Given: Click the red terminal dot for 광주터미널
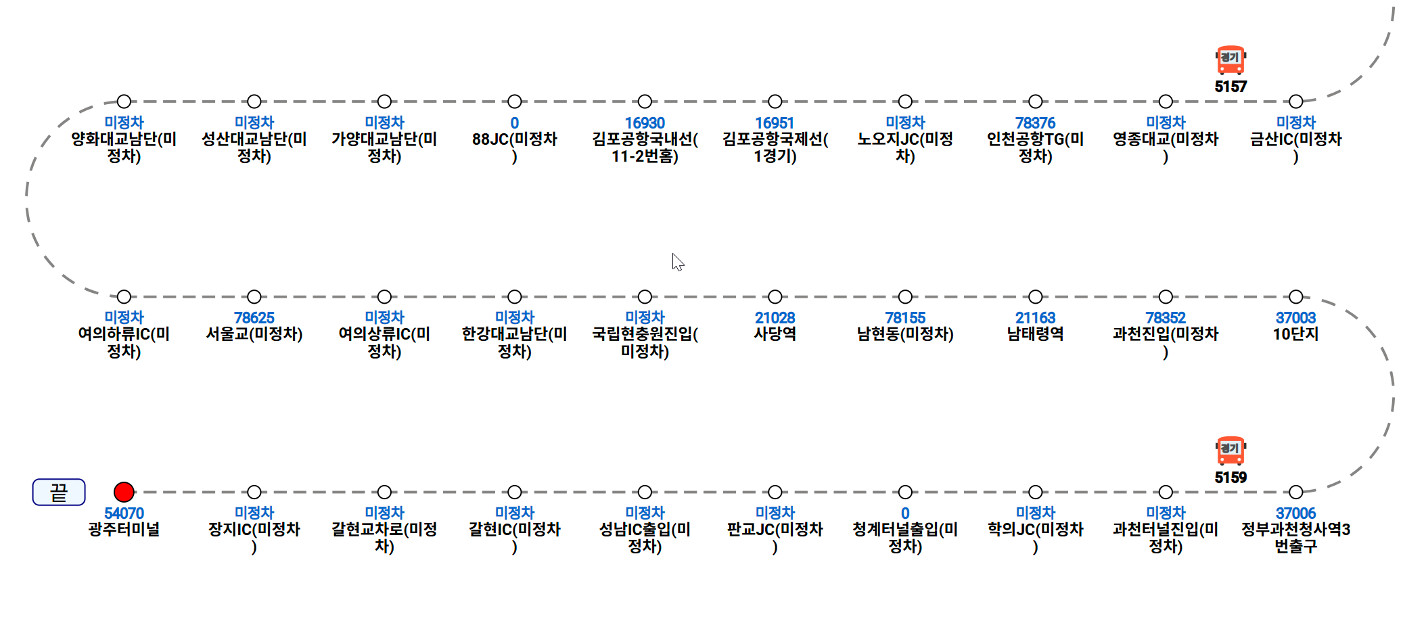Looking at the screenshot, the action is click(124, 492).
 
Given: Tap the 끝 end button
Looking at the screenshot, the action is click(59, 492).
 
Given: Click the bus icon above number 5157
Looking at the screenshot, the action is click(1230, 60).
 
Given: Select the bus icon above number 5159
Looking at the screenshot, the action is click(1230, 451).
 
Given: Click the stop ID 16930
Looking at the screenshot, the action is click(645, 123).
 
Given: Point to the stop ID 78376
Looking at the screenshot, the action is click(1035, 123).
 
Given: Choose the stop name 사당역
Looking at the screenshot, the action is click(775, 334).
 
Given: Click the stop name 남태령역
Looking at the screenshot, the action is click(1035, 334).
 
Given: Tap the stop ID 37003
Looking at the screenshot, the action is click(1295, 318).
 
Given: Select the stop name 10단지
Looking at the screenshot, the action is click(1295, 334).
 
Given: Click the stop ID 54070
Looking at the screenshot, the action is click(124, 513).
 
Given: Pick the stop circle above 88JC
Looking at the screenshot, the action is click(515, 101).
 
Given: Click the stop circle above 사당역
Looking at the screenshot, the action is click(775, 297).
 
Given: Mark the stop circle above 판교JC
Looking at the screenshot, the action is click(775, 492).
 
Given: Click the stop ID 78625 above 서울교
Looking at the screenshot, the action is click(254, 318).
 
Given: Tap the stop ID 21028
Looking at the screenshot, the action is click(775, 318).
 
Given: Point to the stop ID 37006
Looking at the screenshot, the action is click(1295, 513).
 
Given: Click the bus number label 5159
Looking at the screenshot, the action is click(1230, 478).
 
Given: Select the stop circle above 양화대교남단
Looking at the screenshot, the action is click(124, 101).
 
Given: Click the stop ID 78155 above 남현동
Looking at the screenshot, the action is click(905, 318).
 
